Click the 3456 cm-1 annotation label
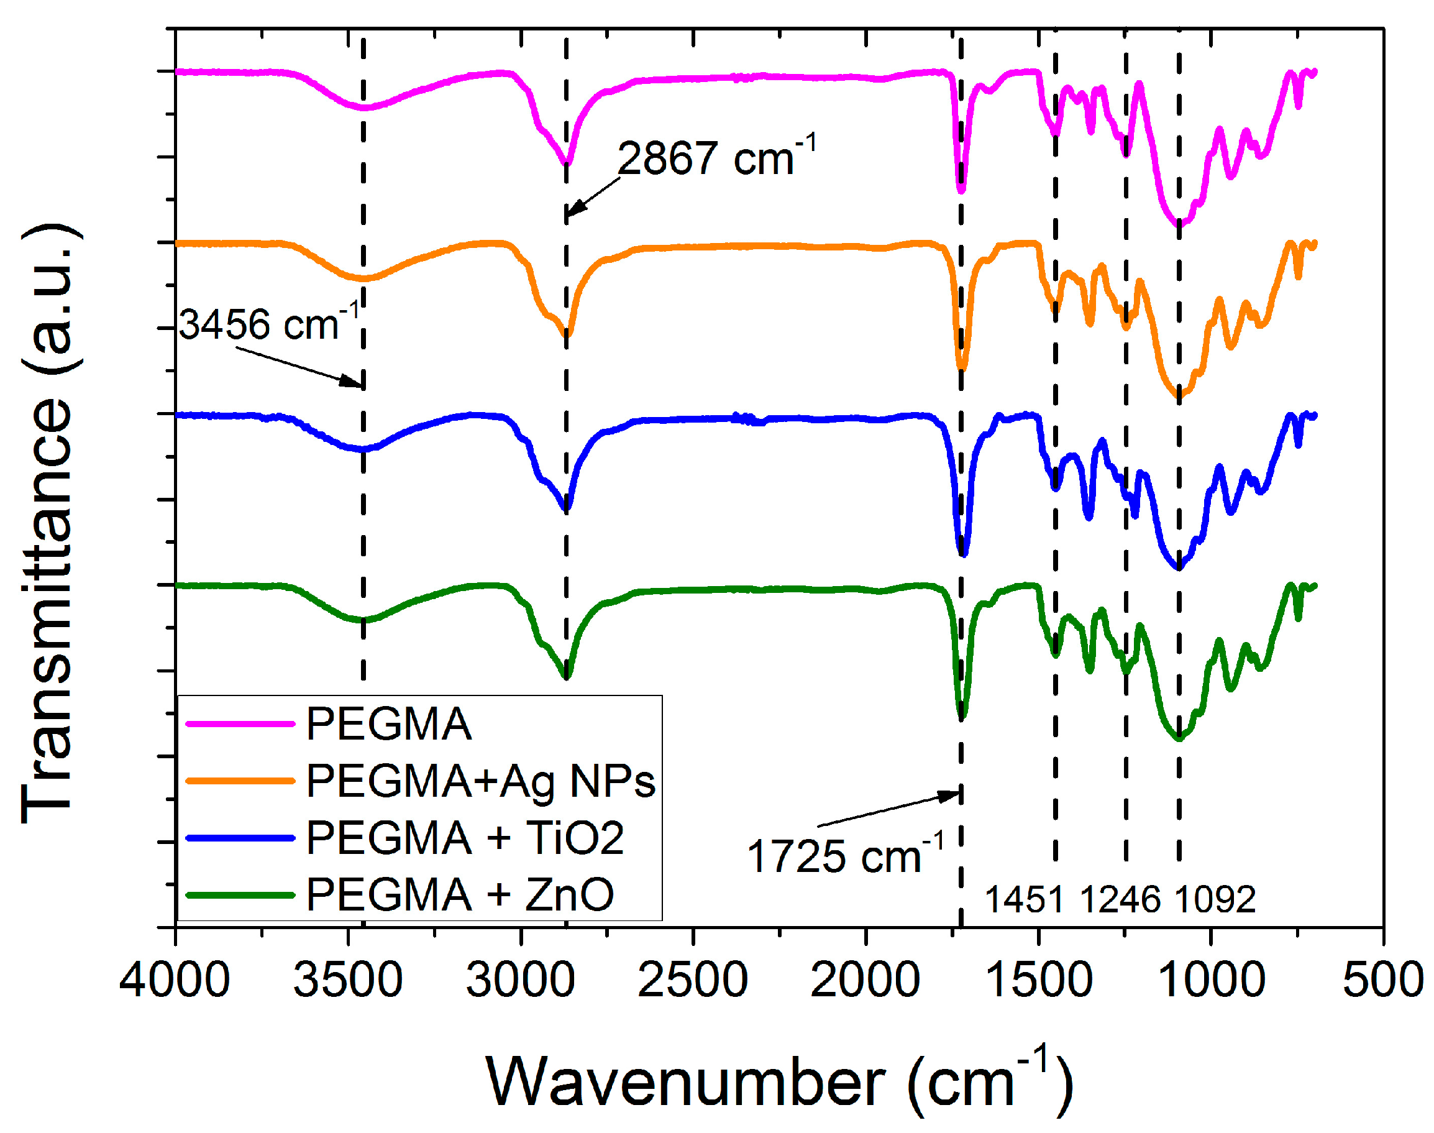pos(268,324)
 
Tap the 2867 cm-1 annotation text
pos(715,158)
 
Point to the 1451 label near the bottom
pos(1023,900)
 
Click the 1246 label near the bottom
pos(1120,900)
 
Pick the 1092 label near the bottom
pos(1215,900)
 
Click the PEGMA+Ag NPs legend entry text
pos(480,781)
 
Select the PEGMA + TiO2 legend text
pos(465,838)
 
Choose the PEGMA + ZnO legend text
pos(459,895)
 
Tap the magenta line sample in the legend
pos(240,723)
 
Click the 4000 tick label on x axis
pos(175,979)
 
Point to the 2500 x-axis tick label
pos(692,979)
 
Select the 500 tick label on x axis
pos(1382,979)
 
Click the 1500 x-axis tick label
pos(1038,979)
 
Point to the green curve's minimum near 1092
pos(1178,738)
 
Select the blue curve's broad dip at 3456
pos(363,450)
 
